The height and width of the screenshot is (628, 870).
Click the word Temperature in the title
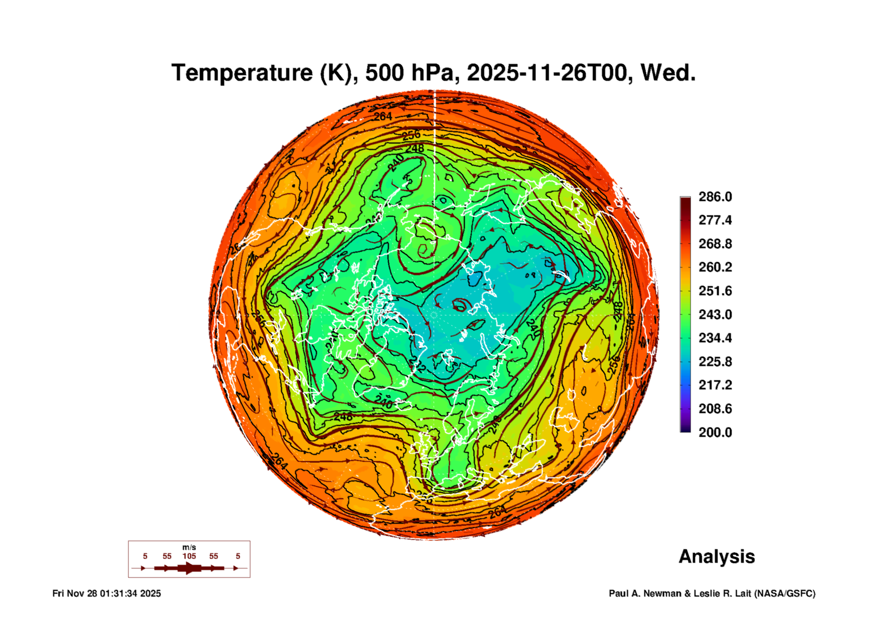pos(242,73)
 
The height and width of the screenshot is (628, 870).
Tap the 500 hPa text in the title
pos(411,73)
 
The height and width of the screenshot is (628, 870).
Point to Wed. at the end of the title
pos(667,73)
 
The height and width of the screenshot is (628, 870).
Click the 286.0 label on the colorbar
pos(715,197)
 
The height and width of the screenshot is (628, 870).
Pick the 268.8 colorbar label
pos(715,244)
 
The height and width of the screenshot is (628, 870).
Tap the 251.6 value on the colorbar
pos(715,291)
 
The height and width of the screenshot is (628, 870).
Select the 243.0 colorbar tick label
pos(715,314)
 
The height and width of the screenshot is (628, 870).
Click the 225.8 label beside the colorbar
pos(715,362)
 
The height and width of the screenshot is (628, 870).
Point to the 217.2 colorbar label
pos(715,385)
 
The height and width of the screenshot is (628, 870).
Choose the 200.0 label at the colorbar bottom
pos(715,432)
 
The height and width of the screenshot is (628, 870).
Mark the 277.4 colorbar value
pos(715,220)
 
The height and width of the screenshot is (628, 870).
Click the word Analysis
pos(716,557)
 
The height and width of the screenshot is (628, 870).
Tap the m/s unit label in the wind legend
pos(189,548)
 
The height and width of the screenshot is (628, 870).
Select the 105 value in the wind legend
pos(189,556)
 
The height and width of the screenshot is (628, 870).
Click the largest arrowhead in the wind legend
pos(190,568)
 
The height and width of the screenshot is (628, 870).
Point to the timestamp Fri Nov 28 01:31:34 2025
pos(106,594)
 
